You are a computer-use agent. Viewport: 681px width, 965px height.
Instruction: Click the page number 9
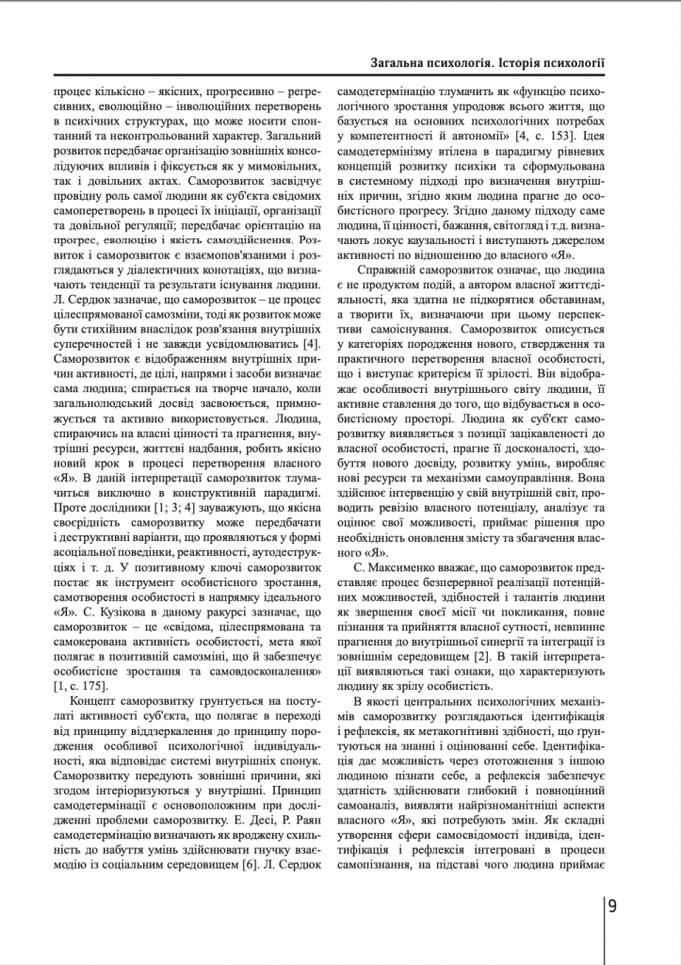click(612, 907)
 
